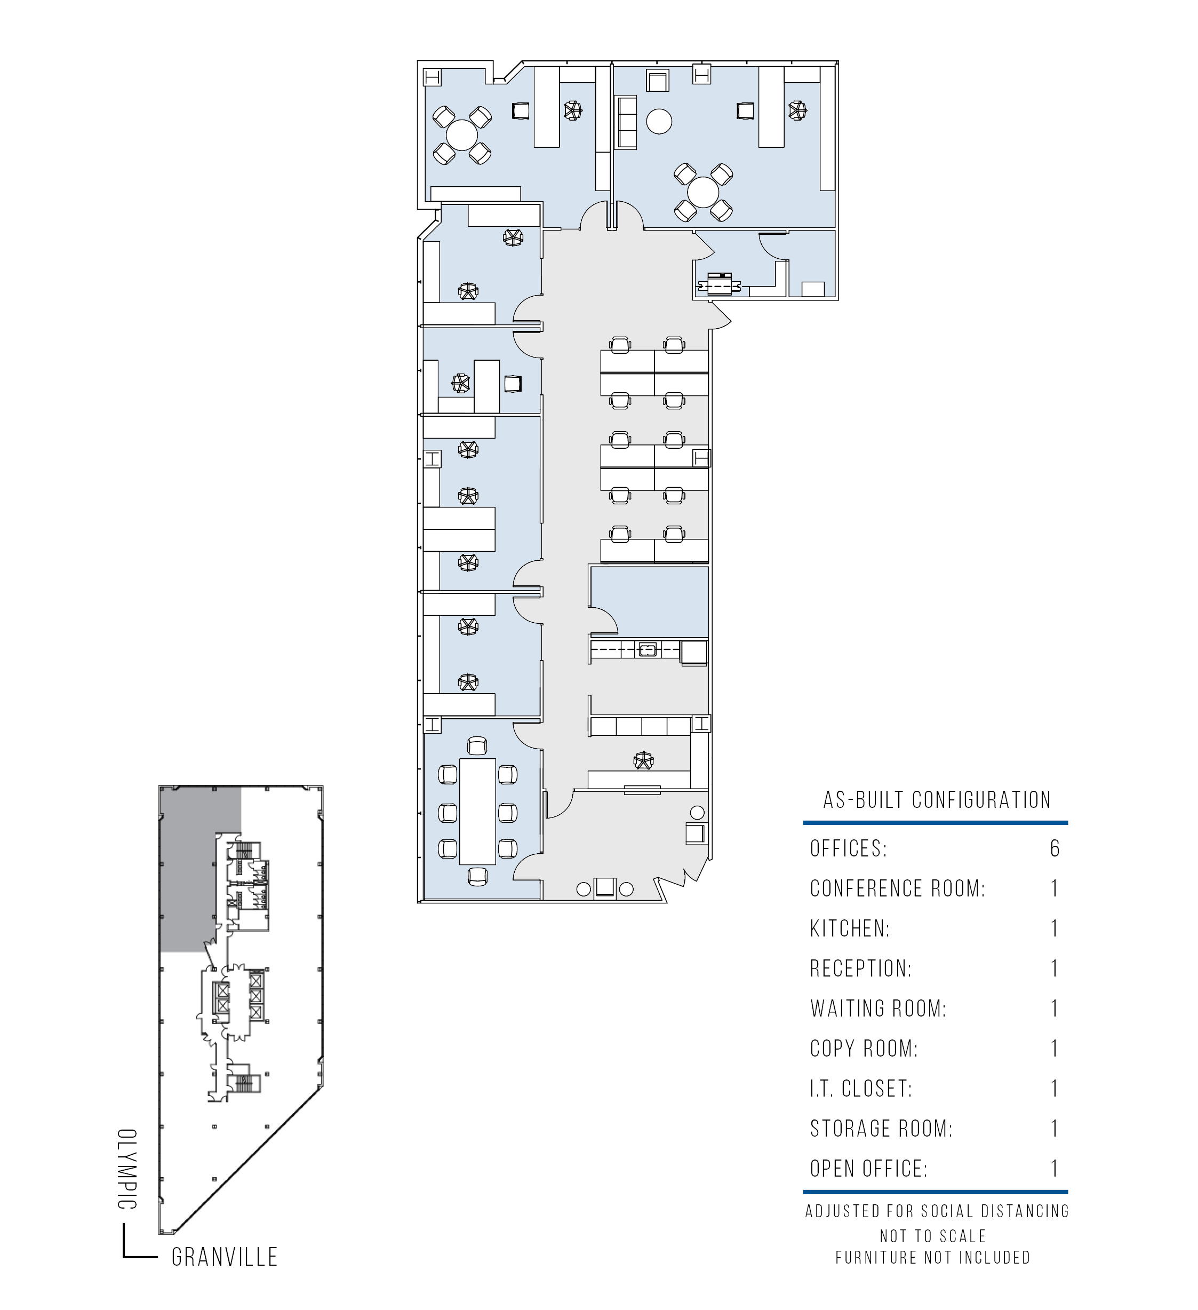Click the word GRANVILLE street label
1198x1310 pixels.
[225, 1257]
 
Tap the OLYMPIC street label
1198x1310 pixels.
[127, 1169]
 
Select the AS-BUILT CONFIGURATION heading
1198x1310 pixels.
[937, 800]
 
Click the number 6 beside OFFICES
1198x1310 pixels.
[1055, 848]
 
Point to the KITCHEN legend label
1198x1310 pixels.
[850, 928]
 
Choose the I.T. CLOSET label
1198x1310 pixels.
[861, 1089]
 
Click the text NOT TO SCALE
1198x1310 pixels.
[933, 1236]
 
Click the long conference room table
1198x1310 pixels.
[477, 812]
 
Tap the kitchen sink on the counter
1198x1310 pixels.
[647, 649]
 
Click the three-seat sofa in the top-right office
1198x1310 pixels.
[627, 123]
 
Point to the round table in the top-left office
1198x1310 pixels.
[462, 135]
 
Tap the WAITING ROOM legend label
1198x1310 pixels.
[878, 1009]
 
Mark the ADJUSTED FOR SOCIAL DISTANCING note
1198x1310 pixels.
[937, 1211]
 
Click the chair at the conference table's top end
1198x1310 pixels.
[477, 747]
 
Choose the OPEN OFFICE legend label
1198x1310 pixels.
[868, 1169]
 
